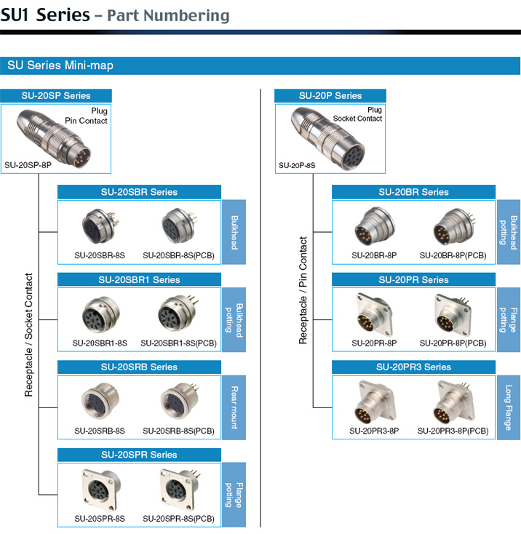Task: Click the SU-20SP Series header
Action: coord(56,96)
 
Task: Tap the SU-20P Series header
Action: coord(330,96)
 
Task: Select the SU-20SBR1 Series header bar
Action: coord(139,279)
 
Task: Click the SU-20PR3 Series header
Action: coord(413,367)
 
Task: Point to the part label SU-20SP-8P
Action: coord(28,165)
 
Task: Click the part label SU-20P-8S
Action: coord(297,166)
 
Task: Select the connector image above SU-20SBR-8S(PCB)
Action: coord(180,226)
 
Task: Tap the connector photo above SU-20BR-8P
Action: coord(375,226)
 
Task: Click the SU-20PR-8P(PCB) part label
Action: coord(453,343)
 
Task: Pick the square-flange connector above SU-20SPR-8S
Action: coord(100,490)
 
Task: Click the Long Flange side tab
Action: coord(509,407)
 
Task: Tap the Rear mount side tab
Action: coord(234,407)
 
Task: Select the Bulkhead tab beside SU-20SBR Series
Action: coord(234,232)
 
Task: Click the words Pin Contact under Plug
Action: coord(86,121)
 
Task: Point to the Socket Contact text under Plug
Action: coord(357,119)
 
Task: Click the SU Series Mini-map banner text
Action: coord(60,65)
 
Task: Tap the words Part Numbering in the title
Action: coord(168,16)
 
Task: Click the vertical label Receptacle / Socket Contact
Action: coord(28,335)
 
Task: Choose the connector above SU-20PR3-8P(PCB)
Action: coord(454,403)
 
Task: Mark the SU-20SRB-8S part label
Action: coord(100,431)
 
